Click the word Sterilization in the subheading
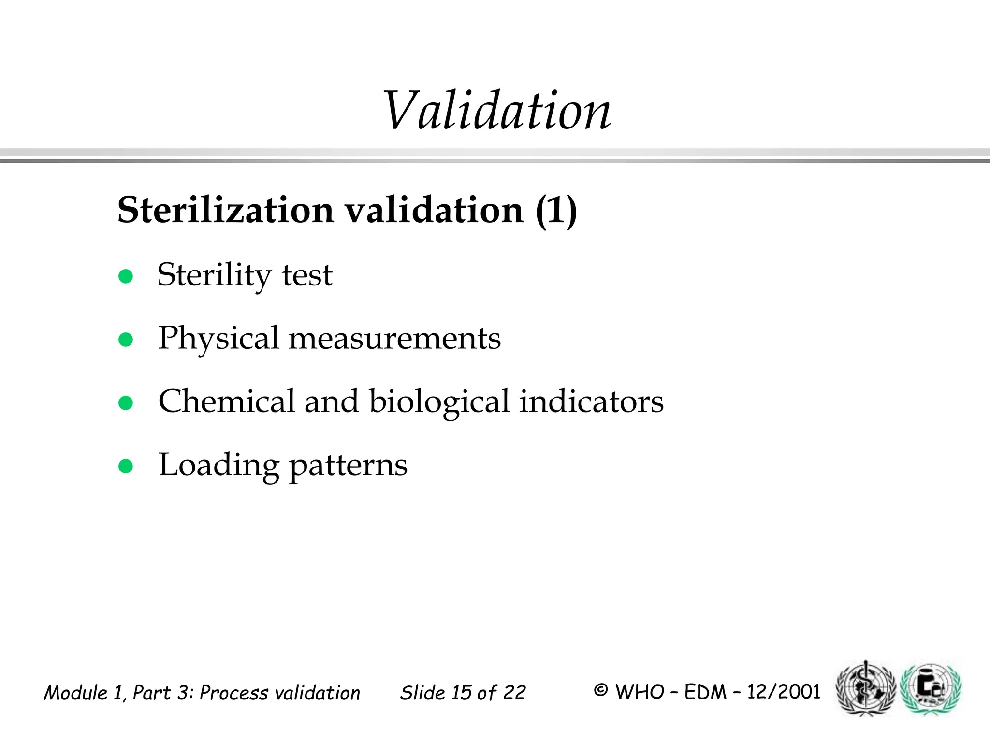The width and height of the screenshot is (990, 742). click(226, 211)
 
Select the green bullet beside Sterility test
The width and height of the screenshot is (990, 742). click(126, 276)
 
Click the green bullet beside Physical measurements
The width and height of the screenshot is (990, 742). click(126, 340)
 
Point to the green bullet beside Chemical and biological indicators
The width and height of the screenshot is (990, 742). click(126, 403)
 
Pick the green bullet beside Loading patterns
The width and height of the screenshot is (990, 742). click(126, 466)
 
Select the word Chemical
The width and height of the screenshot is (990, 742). click(226, 401)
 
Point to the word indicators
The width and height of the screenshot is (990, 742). click(591, 401)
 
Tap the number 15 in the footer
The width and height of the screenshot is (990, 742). click(461, 693)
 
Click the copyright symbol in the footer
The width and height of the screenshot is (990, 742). click(600, 690)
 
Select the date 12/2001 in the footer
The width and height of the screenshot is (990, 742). click(784, 692)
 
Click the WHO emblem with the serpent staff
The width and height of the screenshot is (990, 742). click(866, 688)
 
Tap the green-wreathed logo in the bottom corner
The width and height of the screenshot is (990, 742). click(931, 688)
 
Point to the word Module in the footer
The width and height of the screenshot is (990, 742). click(76, 693)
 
